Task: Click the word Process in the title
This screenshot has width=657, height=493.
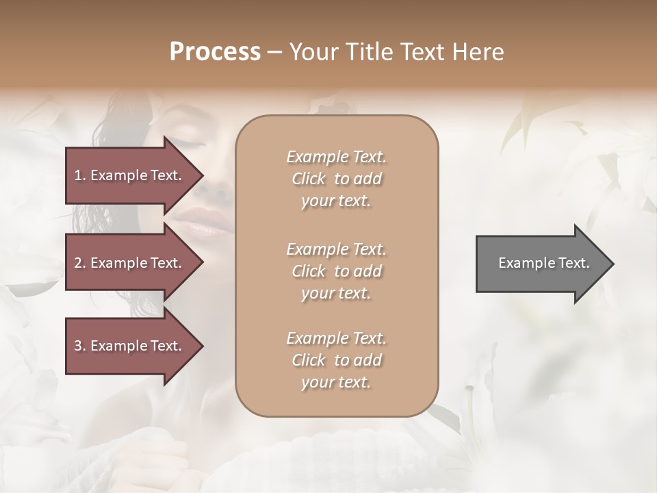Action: [215, 52]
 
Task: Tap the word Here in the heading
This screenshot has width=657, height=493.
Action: [477, 52]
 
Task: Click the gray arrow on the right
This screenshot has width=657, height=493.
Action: [541, 264]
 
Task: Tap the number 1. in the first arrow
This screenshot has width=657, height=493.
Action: [80, 175]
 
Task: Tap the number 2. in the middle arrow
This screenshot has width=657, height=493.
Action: [80, 263]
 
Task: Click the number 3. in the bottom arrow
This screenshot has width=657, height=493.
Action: [80, 346]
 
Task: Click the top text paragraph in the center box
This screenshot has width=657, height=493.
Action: [336, 179]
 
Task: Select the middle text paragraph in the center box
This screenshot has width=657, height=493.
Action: [336, 271]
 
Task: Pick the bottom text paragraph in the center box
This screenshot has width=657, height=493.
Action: [336, 360]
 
